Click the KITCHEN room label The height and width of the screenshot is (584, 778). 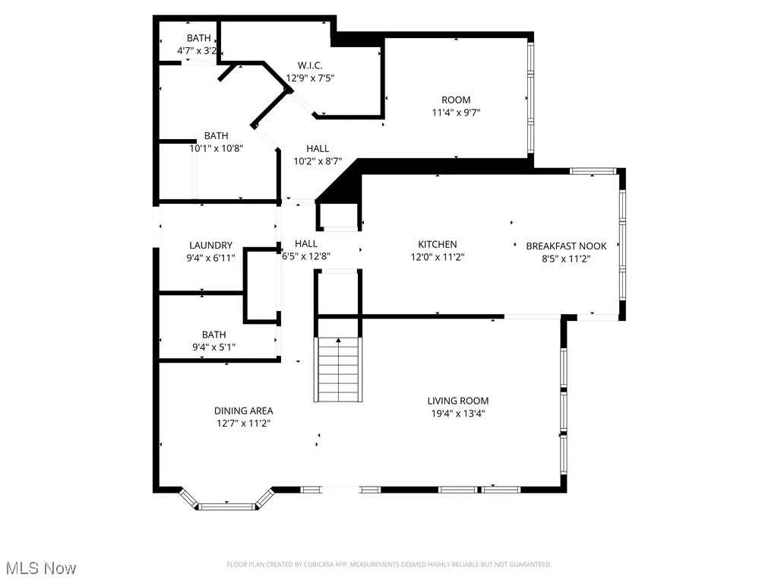[x=437, y=244]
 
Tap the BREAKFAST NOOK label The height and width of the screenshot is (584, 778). [x=566, y=246]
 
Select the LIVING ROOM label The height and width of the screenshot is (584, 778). [x=457, y=401]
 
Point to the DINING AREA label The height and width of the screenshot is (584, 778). [x=243, y=411]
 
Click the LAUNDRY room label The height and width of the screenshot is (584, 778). [x=210, y=246]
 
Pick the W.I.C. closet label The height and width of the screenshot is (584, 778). [x=310, y=65]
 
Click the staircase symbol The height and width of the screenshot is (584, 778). [x=339, y=369]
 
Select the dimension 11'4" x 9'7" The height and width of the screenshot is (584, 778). [x=456, y=113]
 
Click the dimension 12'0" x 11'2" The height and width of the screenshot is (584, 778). [x=437, y=257]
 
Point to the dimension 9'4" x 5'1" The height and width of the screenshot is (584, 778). [x=213, y=348]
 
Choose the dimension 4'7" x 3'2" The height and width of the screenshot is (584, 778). [x=198, y=51]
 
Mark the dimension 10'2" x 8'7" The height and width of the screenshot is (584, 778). [x=318, y=161]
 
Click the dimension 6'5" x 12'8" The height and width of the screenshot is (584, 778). [x=305, y=256]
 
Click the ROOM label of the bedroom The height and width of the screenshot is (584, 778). [x=456, y=100]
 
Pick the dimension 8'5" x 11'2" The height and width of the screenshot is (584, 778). [x=566, y=259]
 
